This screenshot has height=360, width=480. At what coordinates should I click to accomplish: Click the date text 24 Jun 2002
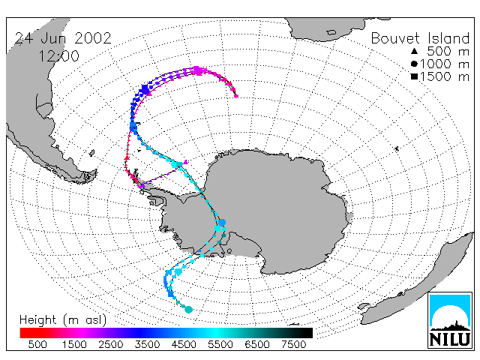63,38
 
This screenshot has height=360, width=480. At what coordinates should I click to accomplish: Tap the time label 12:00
58,56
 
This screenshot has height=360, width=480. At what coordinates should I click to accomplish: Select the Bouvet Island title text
420,38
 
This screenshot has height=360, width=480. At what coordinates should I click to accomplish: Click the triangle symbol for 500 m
414,51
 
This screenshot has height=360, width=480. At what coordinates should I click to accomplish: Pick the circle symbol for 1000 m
414,64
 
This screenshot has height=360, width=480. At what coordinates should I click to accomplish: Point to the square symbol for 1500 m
415,76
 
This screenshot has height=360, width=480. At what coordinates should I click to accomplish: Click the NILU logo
450,320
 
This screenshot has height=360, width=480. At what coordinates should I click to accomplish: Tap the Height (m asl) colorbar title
63,320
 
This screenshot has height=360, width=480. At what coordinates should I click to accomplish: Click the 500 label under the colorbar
37,345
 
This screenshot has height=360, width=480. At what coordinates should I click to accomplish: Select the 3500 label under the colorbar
147,345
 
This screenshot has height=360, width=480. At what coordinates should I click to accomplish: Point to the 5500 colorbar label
220,345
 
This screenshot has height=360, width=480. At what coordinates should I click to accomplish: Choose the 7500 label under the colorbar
293,345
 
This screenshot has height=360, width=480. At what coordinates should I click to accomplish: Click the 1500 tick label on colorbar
74,345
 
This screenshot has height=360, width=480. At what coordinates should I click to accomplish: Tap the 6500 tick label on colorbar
257,345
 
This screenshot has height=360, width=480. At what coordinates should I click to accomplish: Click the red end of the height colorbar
22,333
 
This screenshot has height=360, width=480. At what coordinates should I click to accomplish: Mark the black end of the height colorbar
310,333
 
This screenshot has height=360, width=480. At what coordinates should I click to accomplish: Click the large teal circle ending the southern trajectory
189,310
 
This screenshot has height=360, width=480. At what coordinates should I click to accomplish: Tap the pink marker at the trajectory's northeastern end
236,96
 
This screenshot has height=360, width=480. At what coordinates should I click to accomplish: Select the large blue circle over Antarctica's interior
222,223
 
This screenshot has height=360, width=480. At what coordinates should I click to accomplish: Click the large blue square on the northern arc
145,90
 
